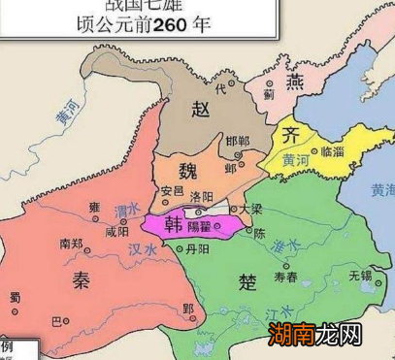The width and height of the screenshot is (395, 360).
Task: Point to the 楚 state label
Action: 247,280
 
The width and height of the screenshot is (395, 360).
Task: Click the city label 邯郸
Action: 236,142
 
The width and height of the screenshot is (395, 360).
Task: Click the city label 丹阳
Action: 195,249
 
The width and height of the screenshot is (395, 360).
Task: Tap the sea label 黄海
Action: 381,192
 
